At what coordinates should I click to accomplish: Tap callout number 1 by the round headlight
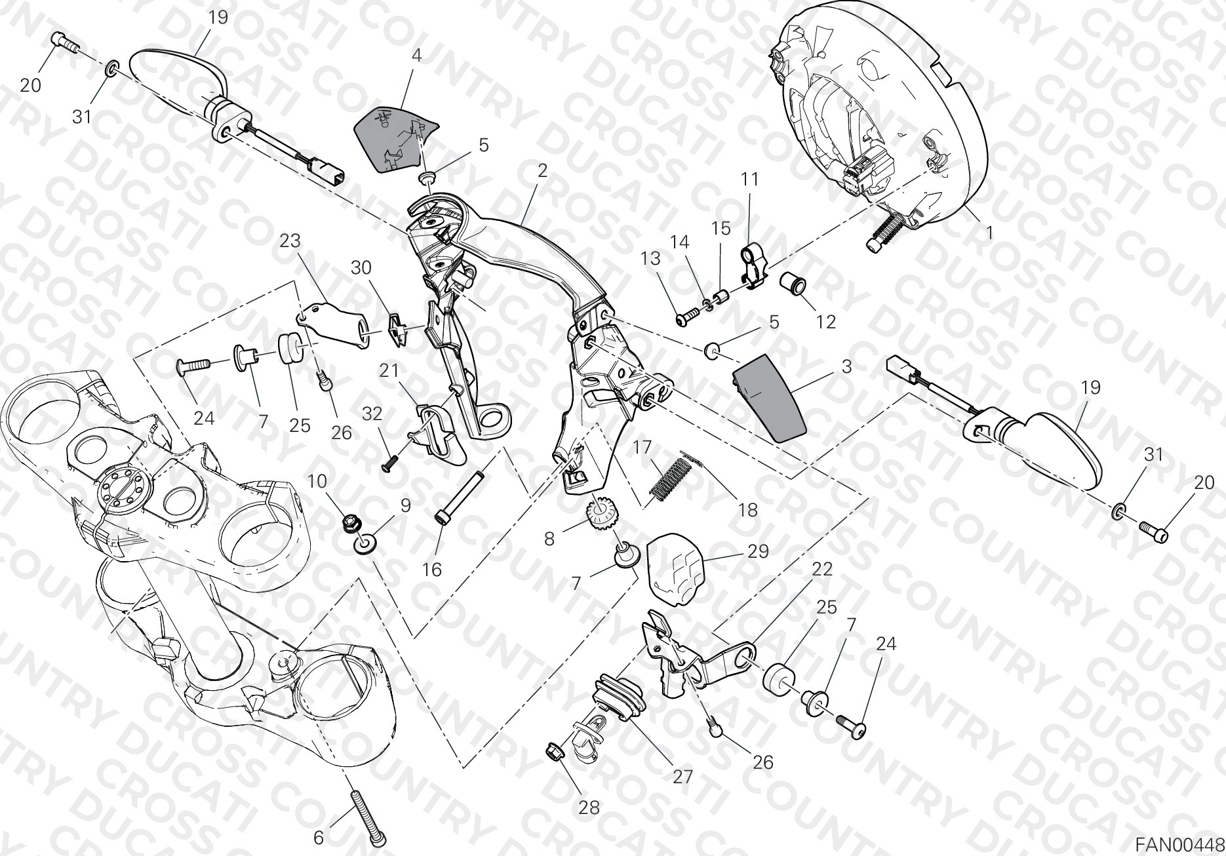click(989, 232)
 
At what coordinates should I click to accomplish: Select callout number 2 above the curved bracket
click(542, 172)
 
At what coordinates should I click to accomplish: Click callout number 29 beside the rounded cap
click(758, 552)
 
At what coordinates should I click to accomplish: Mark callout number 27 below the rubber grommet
click(682, 777)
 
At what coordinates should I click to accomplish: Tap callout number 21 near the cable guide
click(389, 371)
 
